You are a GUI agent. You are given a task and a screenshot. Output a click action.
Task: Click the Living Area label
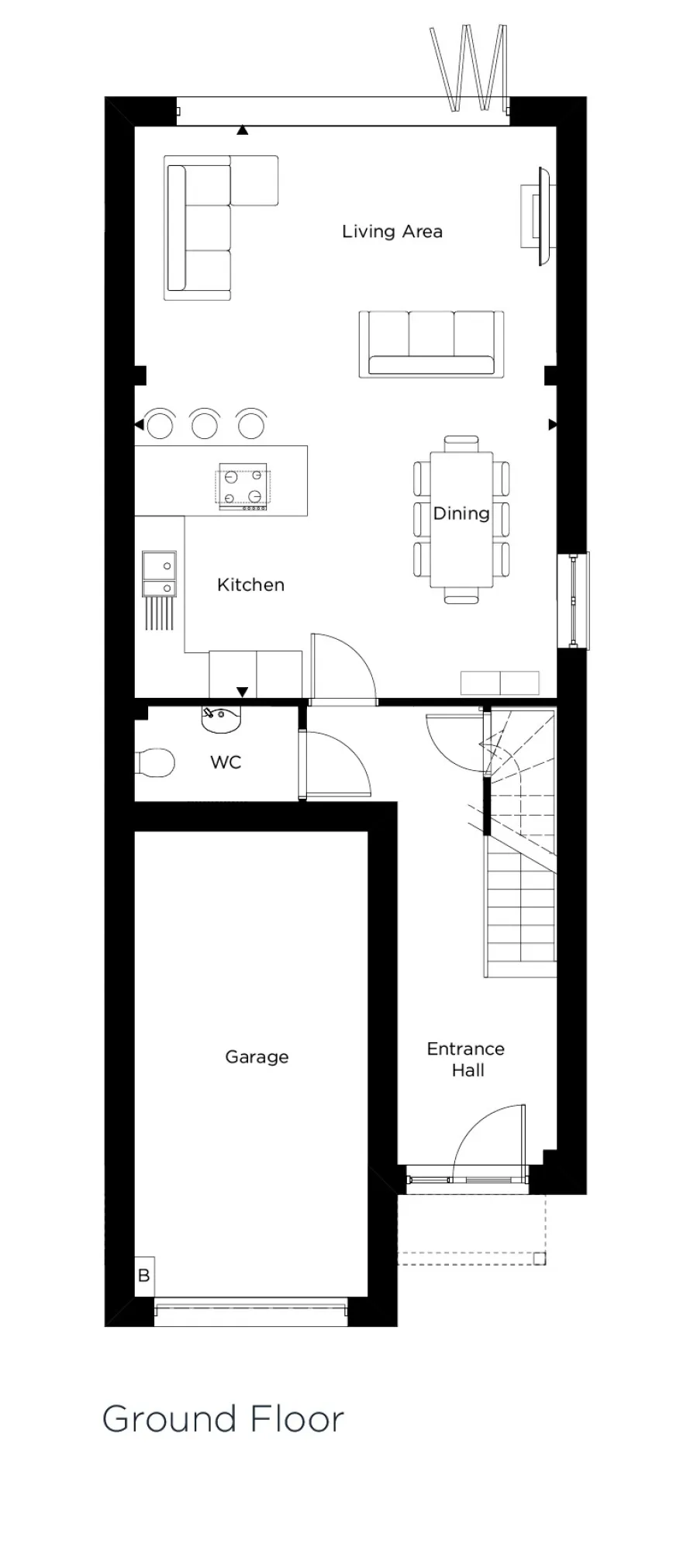392,231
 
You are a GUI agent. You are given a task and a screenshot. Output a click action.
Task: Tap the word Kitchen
250,585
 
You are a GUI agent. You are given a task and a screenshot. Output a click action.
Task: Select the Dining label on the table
461,513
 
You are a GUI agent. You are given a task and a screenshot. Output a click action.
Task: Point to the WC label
226,762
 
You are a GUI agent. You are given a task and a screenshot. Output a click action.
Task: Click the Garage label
257,1057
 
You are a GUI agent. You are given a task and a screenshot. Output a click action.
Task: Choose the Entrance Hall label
466,1059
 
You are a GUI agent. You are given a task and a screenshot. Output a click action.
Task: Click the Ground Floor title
223,1419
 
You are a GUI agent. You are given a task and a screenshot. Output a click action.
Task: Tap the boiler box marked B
144,1276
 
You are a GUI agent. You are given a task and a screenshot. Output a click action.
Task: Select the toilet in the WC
154,762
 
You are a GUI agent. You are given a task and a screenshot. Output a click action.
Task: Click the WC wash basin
222,719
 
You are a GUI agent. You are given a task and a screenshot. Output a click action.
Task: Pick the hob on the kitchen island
242,488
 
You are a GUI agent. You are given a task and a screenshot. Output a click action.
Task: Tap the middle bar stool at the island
205,424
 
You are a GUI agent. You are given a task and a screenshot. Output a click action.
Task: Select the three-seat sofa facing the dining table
431,344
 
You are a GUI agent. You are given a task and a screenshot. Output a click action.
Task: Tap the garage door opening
250,1311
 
